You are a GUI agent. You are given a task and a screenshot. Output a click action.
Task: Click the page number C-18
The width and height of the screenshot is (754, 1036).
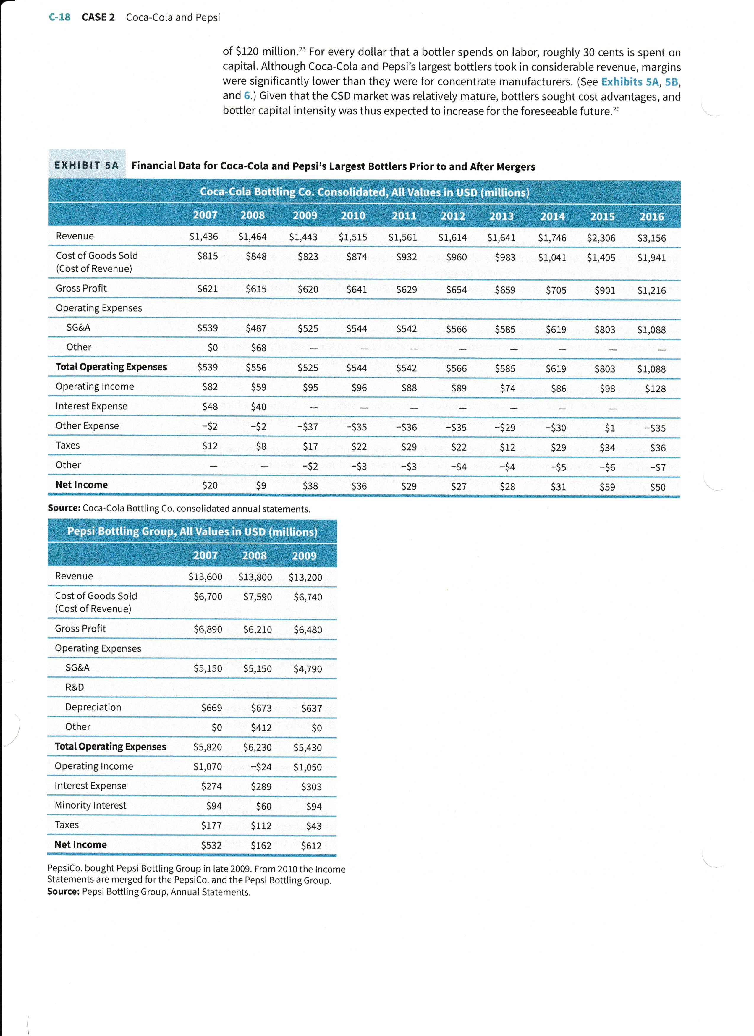(x=59, y=17)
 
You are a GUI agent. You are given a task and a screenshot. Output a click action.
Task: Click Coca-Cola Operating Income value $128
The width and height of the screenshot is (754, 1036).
(x=655, y=389)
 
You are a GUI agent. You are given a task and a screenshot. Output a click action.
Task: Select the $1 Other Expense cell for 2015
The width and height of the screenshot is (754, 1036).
(x=610, y=428)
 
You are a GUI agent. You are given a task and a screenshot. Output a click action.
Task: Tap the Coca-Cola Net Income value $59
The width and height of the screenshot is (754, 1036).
(x=607, y=487)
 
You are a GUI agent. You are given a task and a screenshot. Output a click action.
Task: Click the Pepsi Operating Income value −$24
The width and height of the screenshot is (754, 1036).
(x=261, y=767)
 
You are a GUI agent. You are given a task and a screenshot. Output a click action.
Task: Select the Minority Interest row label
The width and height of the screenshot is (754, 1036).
(x=90, y=805)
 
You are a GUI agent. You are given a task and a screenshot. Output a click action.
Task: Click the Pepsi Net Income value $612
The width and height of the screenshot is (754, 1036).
(x=311, y=846)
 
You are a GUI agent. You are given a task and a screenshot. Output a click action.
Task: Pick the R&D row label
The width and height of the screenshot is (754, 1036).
(x=75, y=687)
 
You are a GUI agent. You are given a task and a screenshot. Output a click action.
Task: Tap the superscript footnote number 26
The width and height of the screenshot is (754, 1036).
(x=616, y=109)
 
